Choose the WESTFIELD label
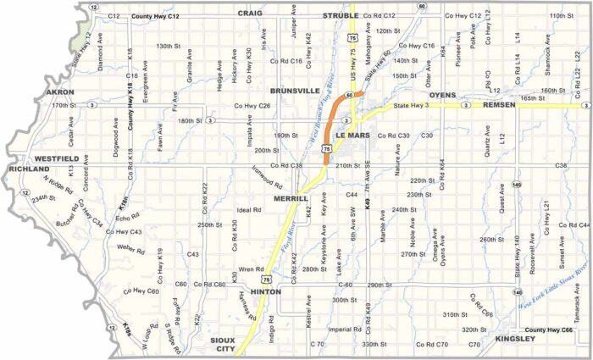[x=57, y=158]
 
